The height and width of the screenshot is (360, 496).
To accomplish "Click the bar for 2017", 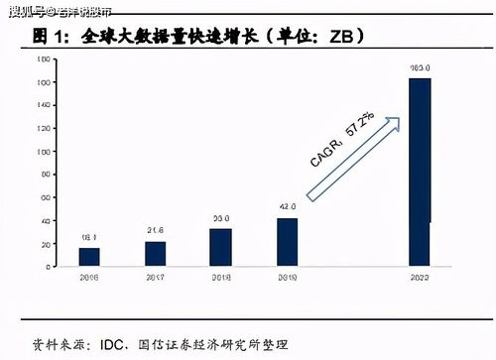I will pyautogui.click(x=156, y=253).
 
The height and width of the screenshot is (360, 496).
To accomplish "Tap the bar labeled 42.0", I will pyautogui.click(x=288, y=242).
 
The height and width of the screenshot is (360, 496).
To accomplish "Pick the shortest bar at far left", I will pyautogui.click(x=89, y=256).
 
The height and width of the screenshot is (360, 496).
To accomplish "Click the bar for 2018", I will pyautogui.click(x=221, y=247).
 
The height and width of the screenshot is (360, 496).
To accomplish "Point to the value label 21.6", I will pyautogui.click(x=156, y=231).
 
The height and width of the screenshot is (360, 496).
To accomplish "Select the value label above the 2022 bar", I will pyautogui.click(x=420, y=68).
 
